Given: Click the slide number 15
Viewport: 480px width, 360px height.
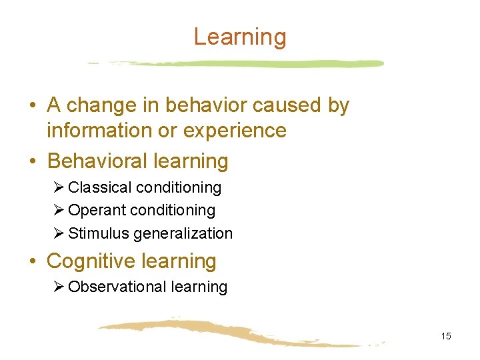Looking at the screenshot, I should [x=445, y=336].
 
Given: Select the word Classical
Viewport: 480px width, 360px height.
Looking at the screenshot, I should [x=99, y=187].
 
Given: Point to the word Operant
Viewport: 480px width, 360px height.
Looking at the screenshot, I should [x=97, y=211].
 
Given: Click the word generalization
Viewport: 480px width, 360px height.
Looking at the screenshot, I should [x=183, y=234].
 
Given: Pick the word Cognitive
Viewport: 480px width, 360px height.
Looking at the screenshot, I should [x=95, y=261].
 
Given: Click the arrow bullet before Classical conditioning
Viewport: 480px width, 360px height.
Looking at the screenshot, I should [x=59, y=187].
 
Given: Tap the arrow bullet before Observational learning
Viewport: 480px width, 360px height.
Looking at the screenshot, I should [x=59, y=287].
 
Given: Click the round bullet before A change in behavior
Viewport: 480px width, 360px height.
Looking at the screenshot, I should [x=33, y=106].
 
